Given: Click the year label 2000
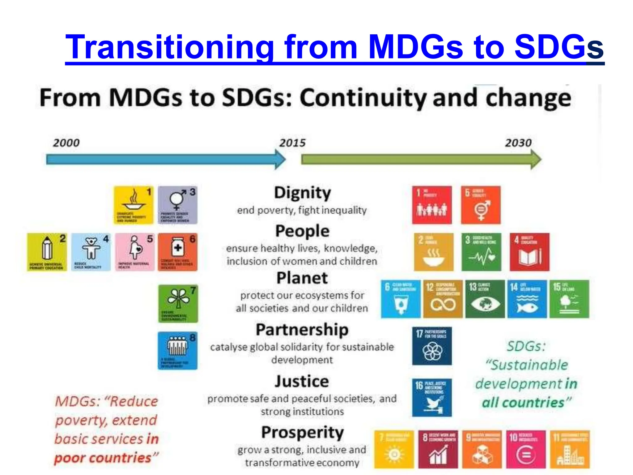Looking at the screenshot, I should click(x=66, y=143).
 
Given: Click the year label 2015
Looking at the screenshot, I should click(x=292, y=143).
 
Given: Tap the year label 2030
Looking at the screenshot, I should click(x=518, y=143).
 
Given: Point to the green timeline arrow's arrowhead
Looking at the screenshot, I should click(x=536, y=160).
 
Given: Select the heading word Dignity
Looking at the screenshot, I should click(x=302, y=193).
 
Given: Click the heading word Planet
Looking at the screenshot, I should click(x=302, y=278).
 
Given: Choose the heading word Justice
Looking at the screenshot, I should click(x=302, y=381).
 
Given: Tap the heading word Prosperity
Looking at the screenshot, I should click(x=302, y=433).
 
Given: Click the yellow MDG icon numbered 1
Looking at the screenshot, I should click(x=134, y=205).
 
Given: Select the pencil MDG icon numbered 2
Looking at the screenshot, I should click(x=47, y=252).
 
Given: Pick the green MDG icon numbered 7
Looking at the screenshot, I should click(x=178, y=304).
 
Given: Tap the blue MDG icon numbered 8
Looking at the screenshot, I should click(x=177, y=350).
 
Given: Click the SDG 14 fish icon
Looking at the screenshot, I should click(x=527, y=299).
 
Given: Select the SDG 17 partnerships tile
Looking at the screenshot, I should click(x=432, y=346).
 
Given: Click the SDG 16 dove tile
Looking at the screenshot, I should click(x=432, y=397).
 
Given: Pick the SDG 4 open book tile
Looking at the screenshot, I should click(x=529, y=252).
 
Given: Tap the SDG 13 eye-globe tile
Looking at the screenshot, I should click(x=485, y=299).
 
